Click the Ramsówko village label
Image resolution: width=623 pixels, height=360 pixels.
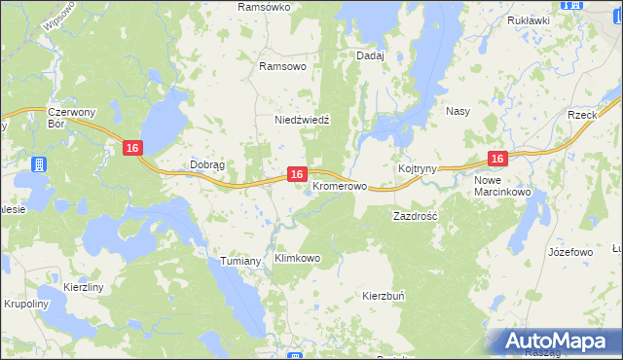(x=266, y=7)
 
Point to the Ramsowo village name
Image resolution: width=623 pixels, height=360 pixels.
(x=282, y=66)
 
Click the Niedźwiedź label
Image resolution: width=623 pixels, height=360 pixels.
(x=302, y=120)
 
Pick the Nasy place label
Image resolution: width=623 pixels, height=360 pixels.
(x=458, y=111)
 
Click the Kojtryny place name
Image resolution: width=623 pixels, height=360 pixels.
(x=417, y=168)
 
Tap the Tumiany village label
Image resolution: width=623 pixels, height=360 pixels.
(x=240, y=261)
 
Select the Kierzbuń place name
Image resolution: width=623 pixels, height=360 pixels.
(x=383, y=295)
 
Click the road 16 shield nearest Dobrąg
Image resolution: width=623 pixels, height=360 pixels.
(x=133, y=147)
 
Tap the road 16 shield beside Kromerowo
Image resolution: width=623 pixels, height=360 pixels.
(x=298, y=173)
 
